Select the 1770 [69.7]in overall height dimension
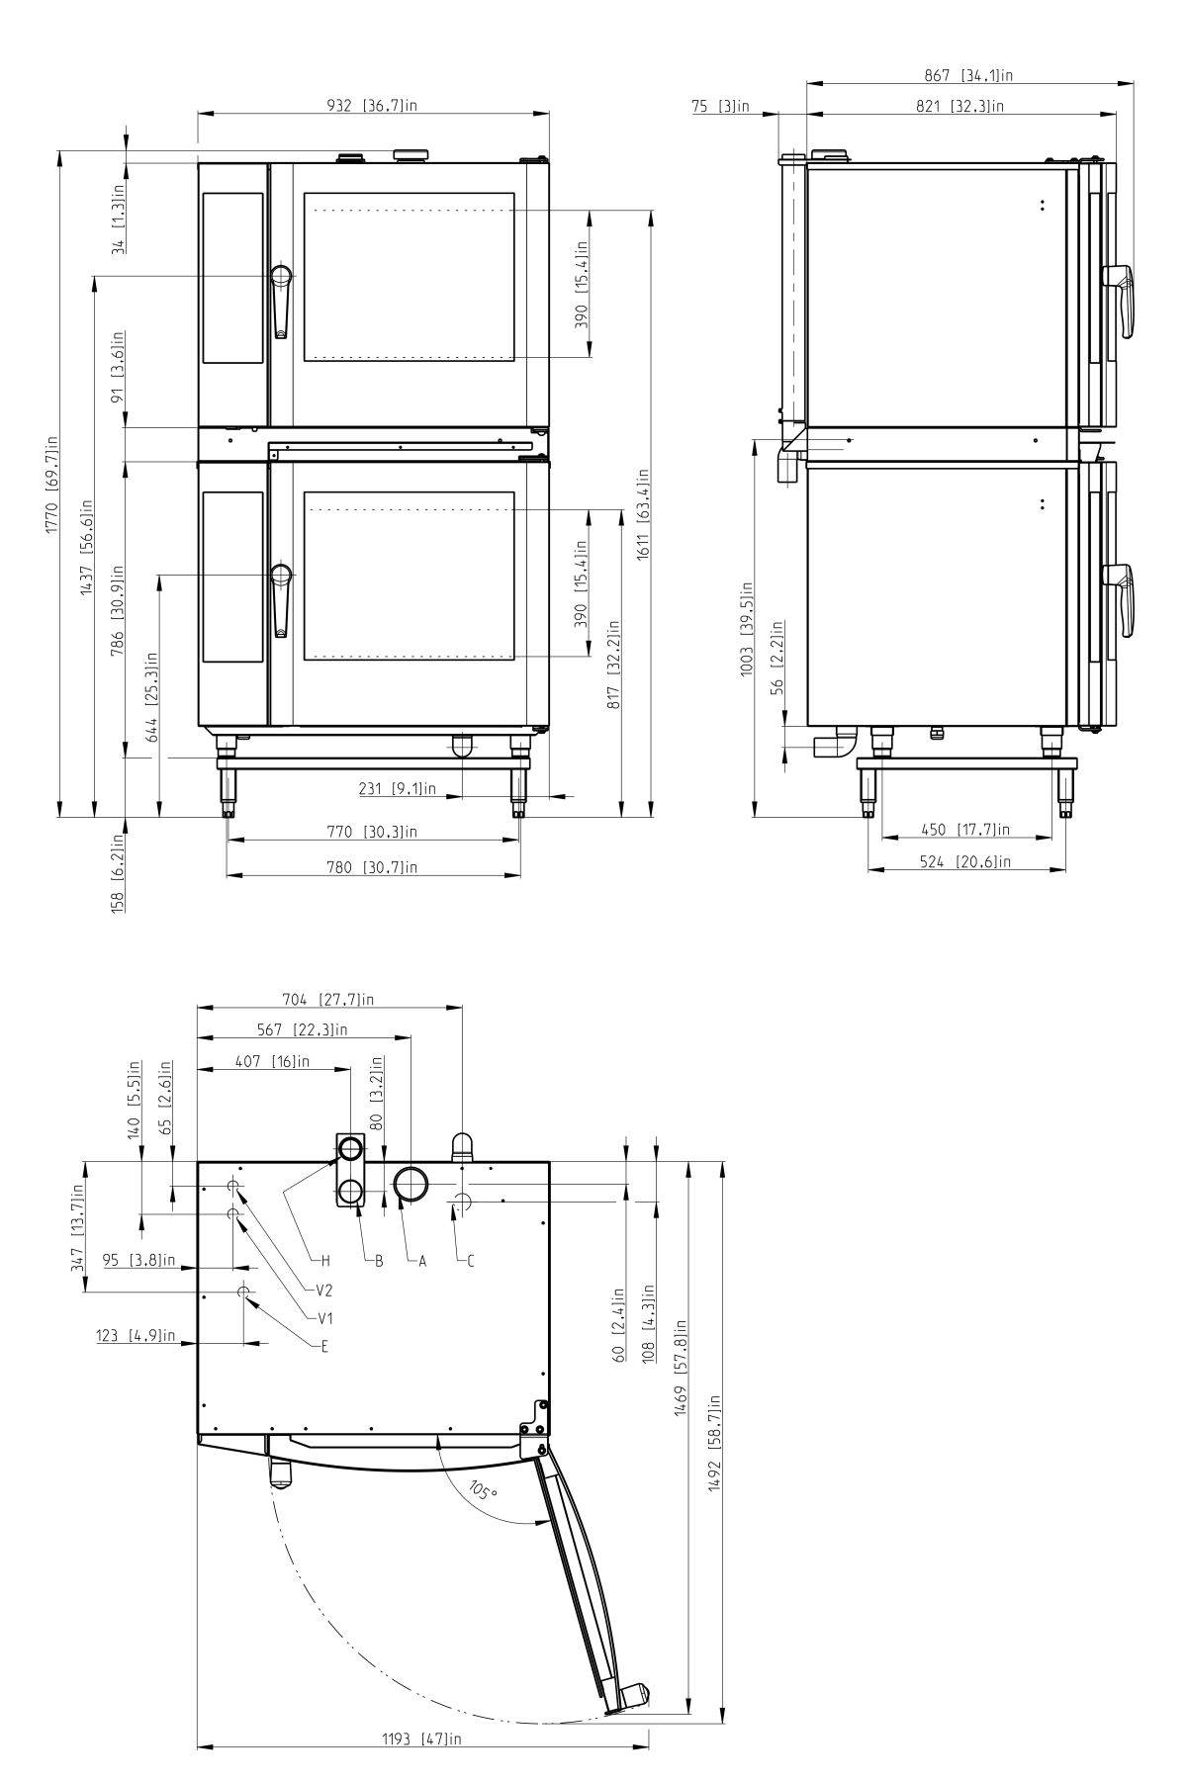click(50, 485)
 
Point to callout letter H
click(325, 1261)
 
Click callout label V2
click(324, 1291)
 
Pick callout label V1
click(324, 1318)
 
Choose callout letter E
click(324, 1346)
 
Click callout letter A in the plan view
click(422, 1261)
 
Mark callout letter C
click(471, 1261)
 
